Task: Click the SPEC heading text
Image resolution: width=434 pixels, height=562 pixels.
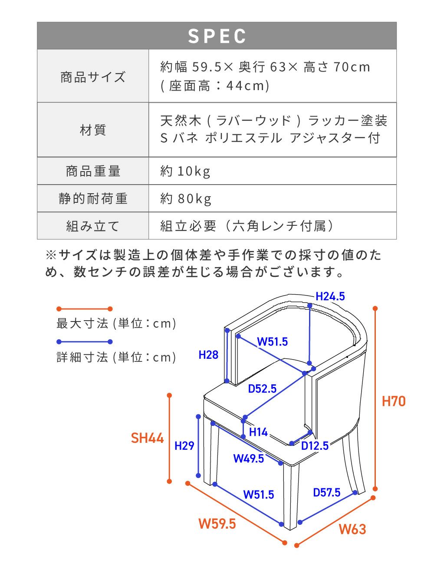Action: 217,36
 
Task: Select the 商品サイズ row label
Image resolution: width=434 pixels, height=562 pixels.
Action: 93,77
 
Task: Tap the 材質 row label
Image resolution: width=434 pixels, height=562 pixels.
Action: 93,130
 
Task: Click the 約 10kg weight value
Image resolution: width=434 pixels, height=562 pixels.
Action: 185,171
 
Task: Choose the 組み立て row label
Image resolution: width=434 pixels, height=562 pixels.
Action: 93,226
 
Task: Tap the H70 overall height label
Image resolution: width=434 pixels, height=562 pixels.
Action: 394,401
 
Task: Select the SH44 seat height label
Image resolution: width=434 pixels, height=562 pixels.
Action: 147,438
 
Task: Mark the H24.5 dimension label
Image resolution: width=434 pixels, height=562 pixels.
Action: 330,296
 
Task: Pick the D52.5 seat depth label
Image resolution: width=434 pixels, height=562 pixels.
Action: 262,389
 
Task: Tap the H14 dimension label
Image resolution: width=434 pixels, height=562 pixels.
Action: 258,432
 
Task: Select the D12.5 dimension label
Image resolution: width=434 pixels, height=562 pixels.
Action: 315,446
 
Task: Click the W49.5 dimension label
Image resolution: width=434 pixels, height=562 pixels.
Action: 249,458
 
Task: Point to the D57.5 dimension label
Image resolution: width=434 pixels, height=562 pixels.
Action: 327,493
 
